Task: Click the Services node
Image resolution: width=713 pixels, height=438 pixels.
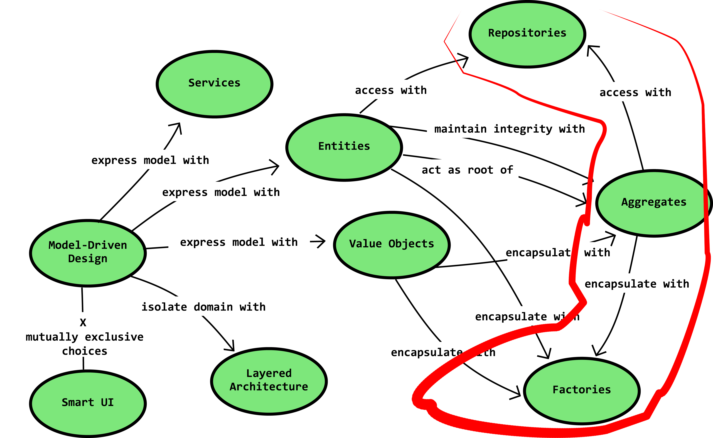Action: pyautogui.click(x=214, y=84)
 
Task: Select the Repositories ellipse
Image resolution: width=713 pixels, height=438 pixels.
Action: pyautogui.click(x=527, y=34)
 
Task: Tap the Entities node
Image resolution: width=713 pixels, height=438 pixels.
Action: pyautogui.click(x=344, y=147)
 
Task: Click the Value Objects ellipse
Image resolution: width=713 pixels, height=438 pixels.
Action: pyautogui.click(x=392, y=245)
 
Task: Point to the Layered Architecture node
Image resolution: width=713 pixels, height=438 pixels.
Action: pyautogui.click(x=269, y=381)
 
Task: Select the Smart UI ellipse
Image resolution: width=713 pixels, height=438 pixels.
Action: pyautogui.click(x=88, y=403)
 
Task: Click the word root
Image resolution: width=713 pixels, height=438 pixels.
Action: pyautogui.click(x=480, y=170)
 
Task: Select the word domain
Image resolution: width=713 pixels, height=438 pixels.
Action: pyautogui.click(x=213, y=307)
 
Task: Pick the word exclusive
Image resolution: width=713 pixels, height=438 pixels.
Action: pyautogui.click(x=114, y=337)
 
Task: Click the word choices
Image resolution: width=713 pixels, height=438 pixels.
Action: pyautogui.click(x=85, y=351)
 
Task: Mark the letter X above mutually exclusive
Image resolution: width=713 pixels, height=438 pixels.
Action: pyautogui.click(x=83, y=322)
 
